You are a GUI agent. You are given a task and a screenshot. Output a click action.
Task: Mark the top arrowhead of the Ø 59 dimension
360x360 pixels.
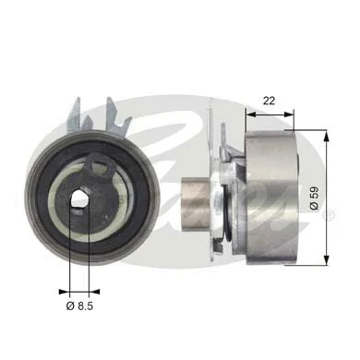[328, 136]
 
